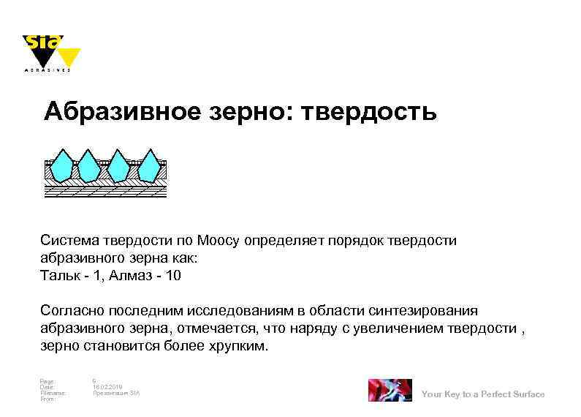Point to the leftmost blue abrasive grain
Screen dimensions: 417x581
pyautogui.click(x=60, y=166)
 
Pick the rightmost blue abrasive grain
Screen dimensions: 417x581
pyautogui.click(x=150, y=166)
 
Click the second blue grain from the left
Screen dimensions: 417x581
pyautogui.click(x=89, y=166)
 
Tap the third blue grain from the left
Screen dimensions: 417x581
pyautogui.click(x=119, y=166)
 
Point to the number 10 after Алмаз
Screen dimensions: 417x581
pyautogui.click(x=173, y=276)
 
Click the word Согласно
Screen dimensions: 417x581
pyautogui.click(x=72, y=311)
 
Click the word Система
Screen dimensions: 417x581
pyautogui.click(x=68, y=241)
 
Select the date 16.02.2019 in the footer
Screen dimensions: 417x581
pyautogui.click(x=108, y=386)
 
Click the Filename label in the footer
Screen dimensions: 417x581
pyautogui.click(x=53, y=393)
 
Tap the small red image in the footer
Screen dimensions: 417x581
pyautogui.click(x=390, y=391)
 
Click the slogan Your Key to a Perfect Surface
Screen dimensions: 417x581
pyautogui.click(x=483, y=394)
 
